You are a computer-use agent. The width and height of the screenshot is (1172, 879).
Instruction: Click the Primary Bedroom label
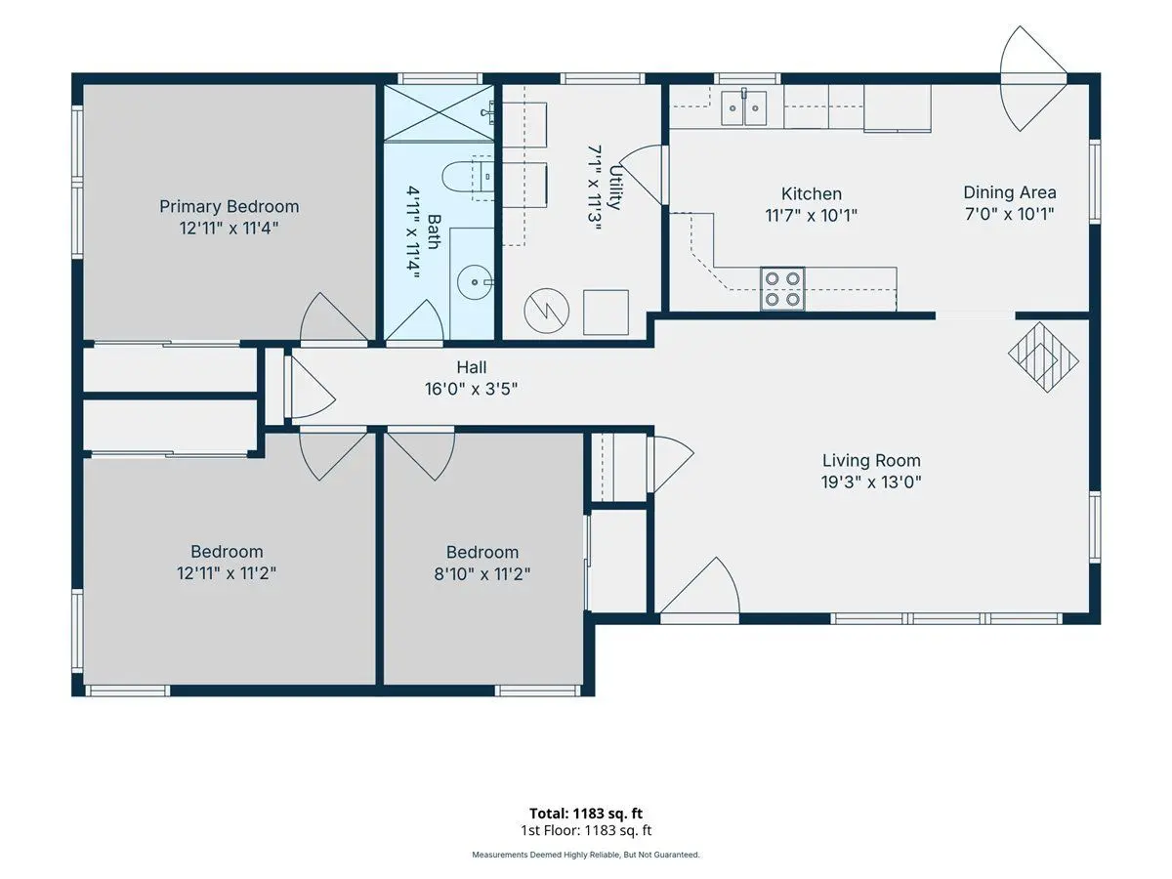click(230, 206)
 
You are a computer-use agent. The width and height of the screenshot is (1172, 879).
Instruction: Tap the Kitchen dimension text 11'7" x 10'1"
click(811, 216)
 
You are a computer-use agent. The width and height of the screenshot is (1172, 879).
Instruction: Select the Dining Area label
click(1009, 192)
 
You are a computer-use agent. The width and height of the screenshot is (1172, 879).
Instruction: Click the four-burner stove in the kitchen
click(782, 289)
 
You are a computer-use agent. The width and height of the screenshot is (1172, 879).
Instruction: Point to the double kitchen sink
click(744, 107)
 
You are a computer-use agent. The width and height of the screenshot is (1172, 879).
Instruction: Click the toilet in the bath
click(468, 176)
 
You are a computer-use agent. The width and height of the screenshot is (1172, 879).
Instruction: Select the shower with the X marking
click(439, 112)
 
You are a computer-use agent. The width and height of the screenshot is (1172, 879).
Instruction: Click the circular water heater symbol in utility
click(546, 312)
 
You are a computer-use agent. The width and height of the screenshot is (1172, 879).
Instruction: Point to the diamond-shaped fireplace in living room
click(1043, 357)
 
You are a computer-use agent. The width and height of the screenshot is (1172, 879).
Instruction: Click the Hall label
click(472, 367)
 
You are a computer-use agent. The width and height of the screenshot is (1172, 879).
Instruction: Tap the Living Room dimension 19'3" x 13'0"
click(871, 482)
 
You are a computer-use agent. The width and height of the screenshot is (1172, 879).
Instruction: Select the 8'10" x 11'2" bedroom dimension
click(482, 573)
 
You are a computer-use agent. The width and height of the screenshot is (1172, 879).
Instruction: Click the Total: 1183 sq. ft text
click(586, 814)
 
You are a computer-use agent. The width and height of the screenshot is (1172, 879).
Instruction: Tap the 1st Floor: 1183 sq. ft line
click(586, 830)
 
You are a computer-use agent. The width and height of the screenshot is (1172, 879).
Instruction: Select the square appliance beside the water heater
click(606, 313)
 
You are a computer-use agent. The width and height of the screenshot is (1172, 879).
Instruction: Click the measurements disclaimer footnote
click(586, 855)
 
